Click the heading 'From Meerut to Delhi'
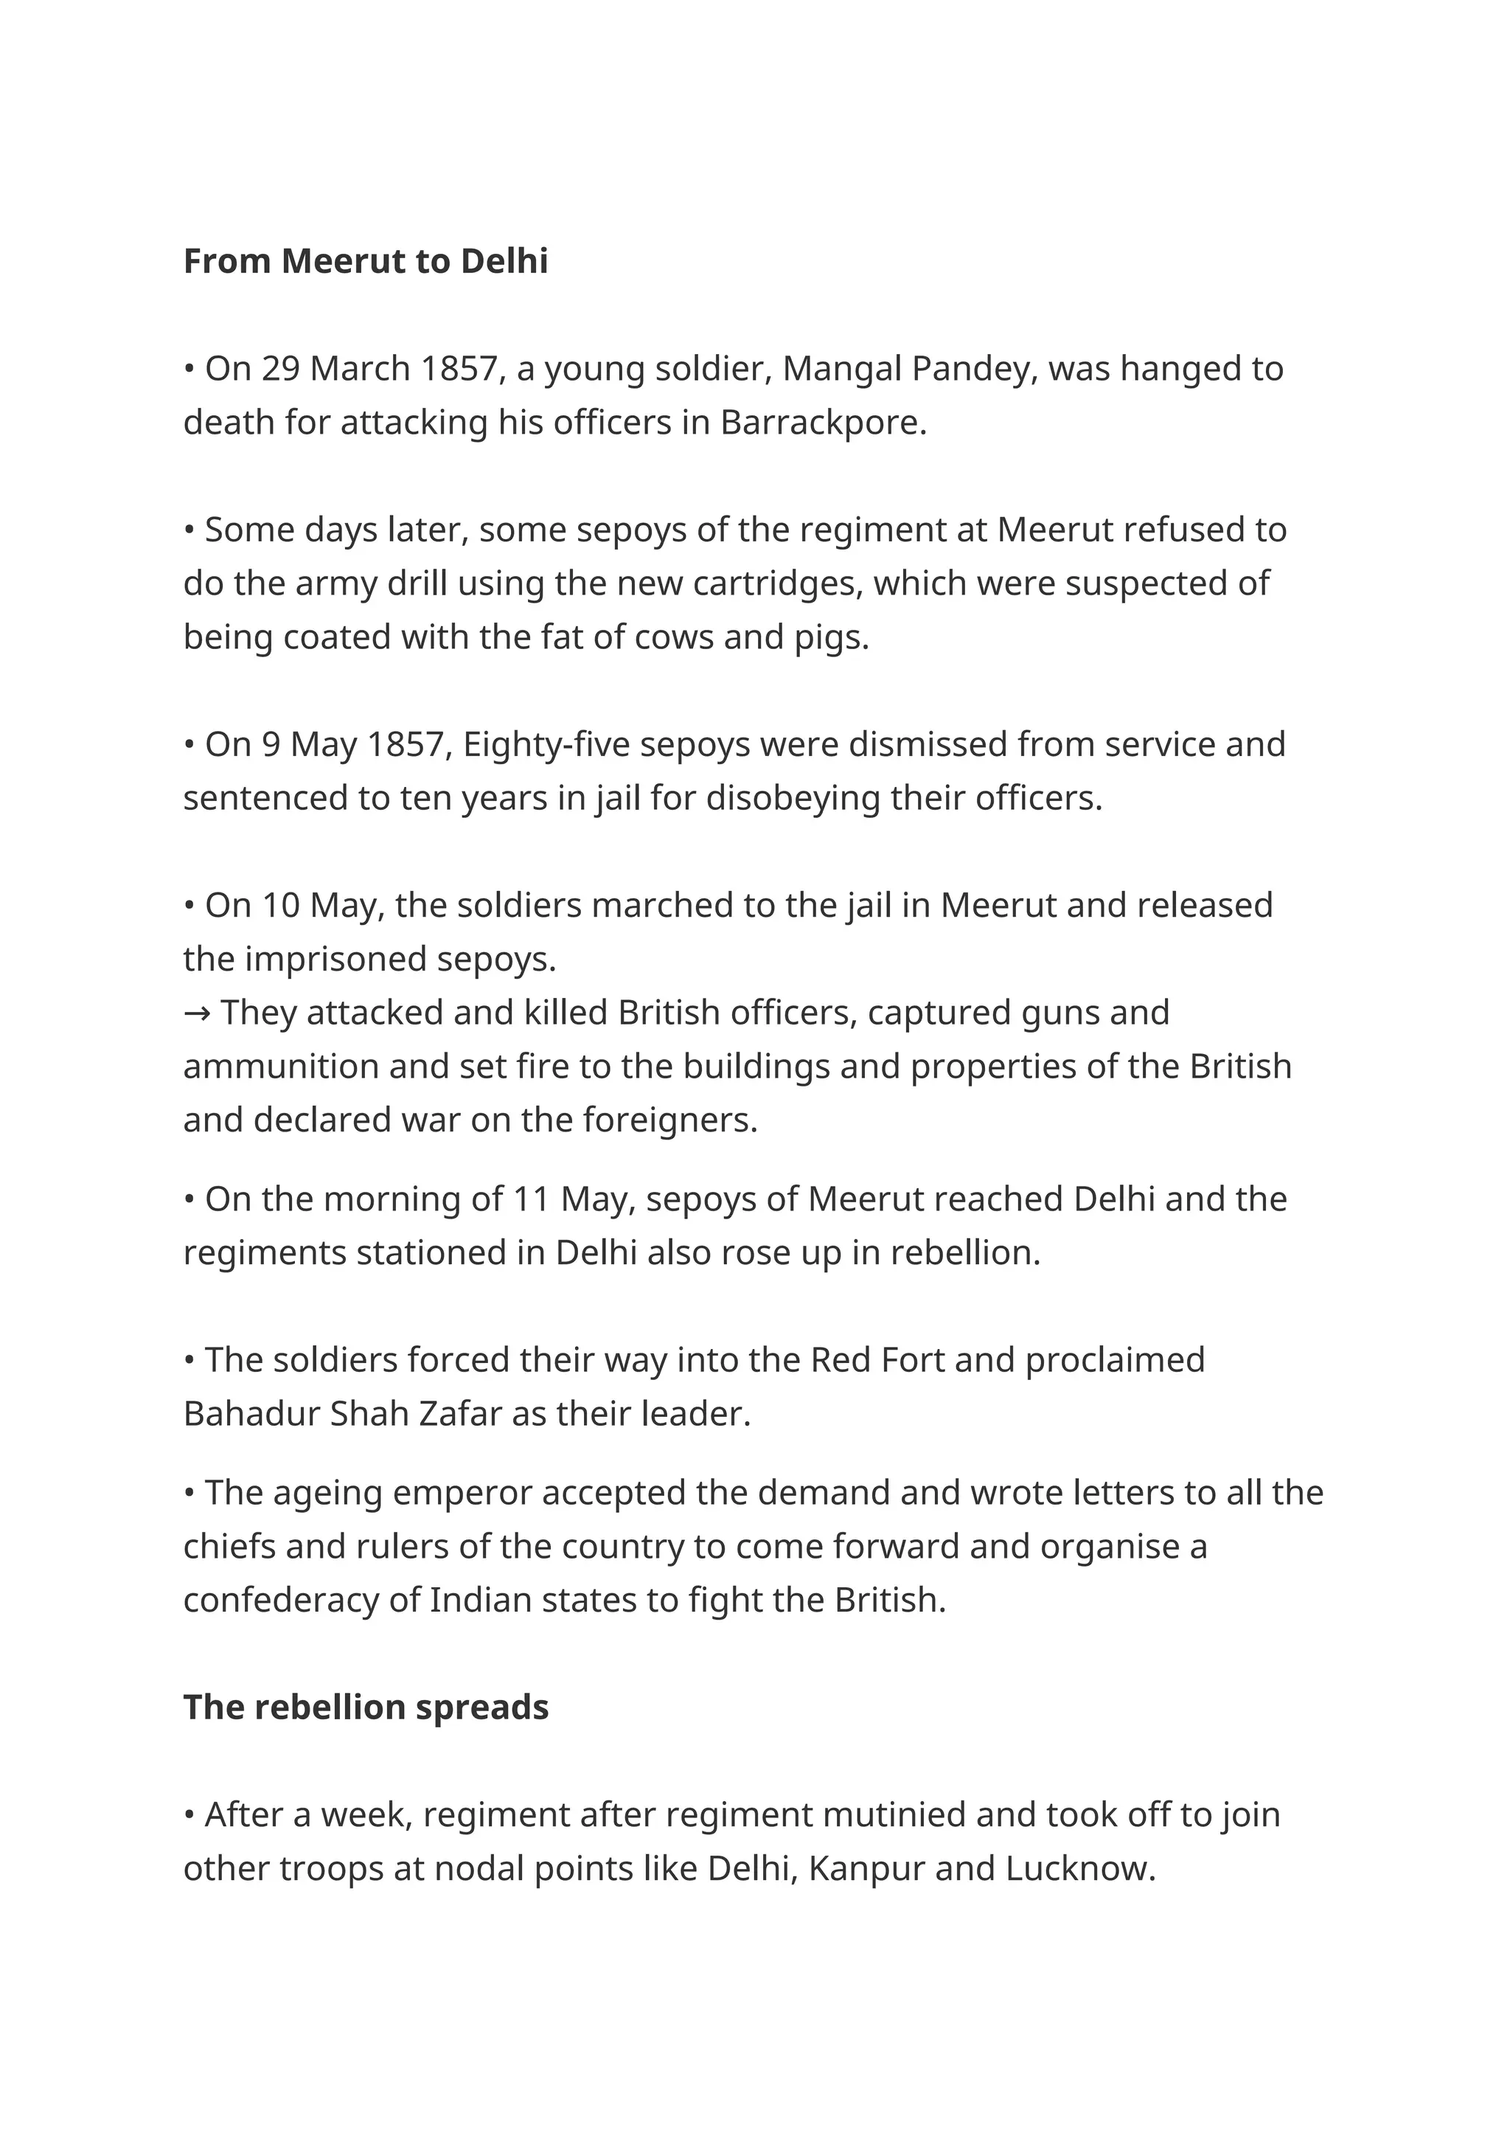[366, 261]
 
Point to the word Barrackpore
[822, 423]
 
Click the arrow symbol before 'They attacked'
[196, 1012]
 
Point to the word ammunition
[281, 1066]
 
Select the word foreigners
[669, 1120]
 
